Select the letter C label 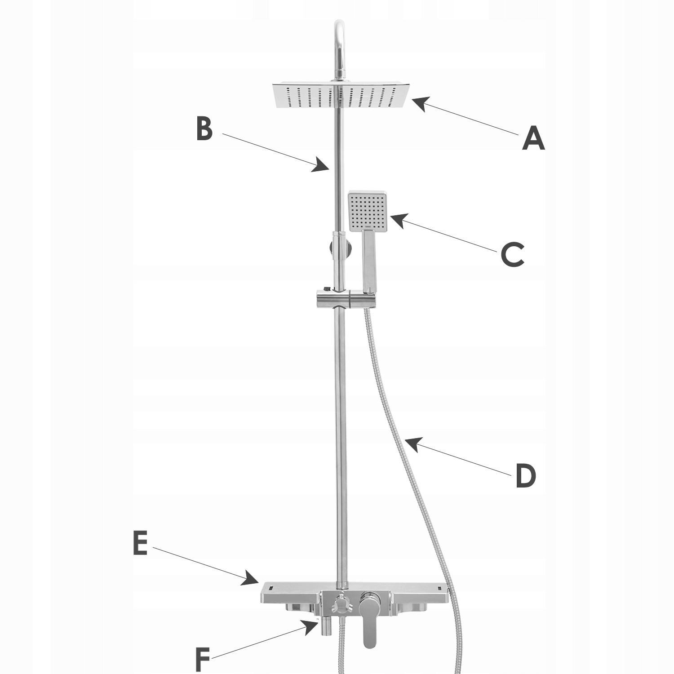(x=513, y=255)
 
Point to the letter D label (x=525, y=476)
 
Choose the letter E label (x=140, y=543)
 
